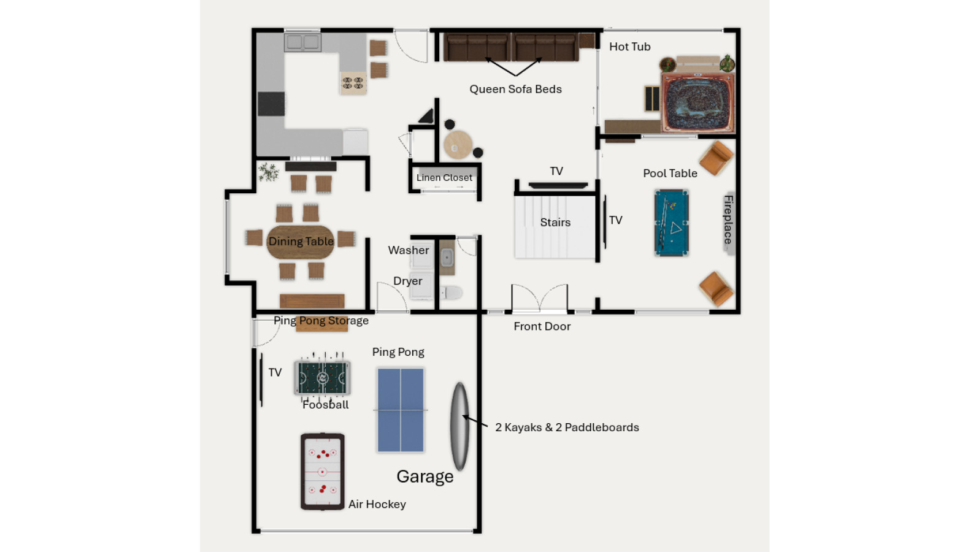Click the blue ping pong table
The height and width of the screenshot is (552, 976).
401,410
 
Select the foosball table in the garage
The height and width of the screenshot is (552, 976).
323,377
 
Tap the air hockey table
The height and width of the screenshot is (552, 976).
323,471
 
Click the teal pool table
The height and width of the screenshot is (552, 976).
672,222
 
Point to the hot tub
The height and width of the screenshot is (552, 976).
697,103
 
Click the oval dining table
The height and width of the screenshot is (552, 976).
301,242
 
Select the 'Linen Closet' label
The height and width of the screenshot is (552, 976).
444,178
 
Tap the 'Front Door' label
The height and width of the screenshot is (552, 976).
542,326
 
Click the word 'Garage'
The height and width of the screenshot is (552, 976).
425,477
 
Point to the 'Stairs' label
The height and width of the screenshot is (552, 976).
555,222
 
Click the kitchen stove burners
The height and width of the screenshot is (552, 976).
353,82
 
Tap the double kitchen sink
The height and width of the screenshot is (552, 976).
302,42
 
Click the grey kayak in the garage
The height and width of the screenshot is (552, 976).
459,426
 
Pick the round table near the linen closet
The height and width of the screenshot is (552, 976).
458,145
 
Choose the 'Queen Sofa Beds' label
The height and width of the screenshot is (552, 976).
515,90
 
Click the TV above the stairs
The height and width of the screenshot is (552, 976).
558,186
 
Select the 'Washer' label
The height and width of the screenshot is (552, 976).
409,250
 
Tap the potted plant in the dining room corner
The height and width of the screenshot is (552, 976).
269,172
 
